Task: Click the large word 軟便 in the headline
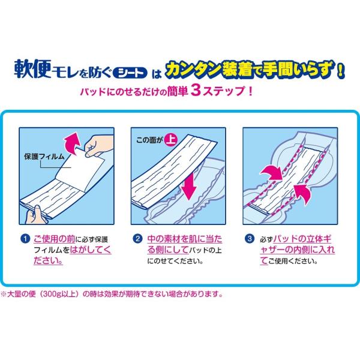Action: (x=32, y=69)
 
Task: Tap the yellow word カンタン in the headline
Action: (x=193, y=69)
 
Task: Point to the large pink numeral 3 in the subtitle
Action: (x=196, y=91)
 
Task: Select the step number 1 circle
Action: (x=25, y=239)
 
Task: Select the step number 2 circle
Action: (x=137, y=239)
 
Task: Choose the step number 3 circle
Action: (x=250, y=239)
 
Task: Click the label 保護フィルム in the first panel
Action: (x=44, y=157)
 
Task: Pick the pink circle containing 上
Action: (x=172, y=140)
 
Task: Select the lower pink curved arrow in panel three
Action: (x=302, y=193)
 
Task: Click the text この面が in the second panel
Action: (x=149, y=140)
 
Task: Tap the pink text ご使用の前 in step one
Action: (x=54, y=239)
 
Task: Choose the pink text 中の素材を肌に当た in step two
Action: (x=185, y=239)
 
